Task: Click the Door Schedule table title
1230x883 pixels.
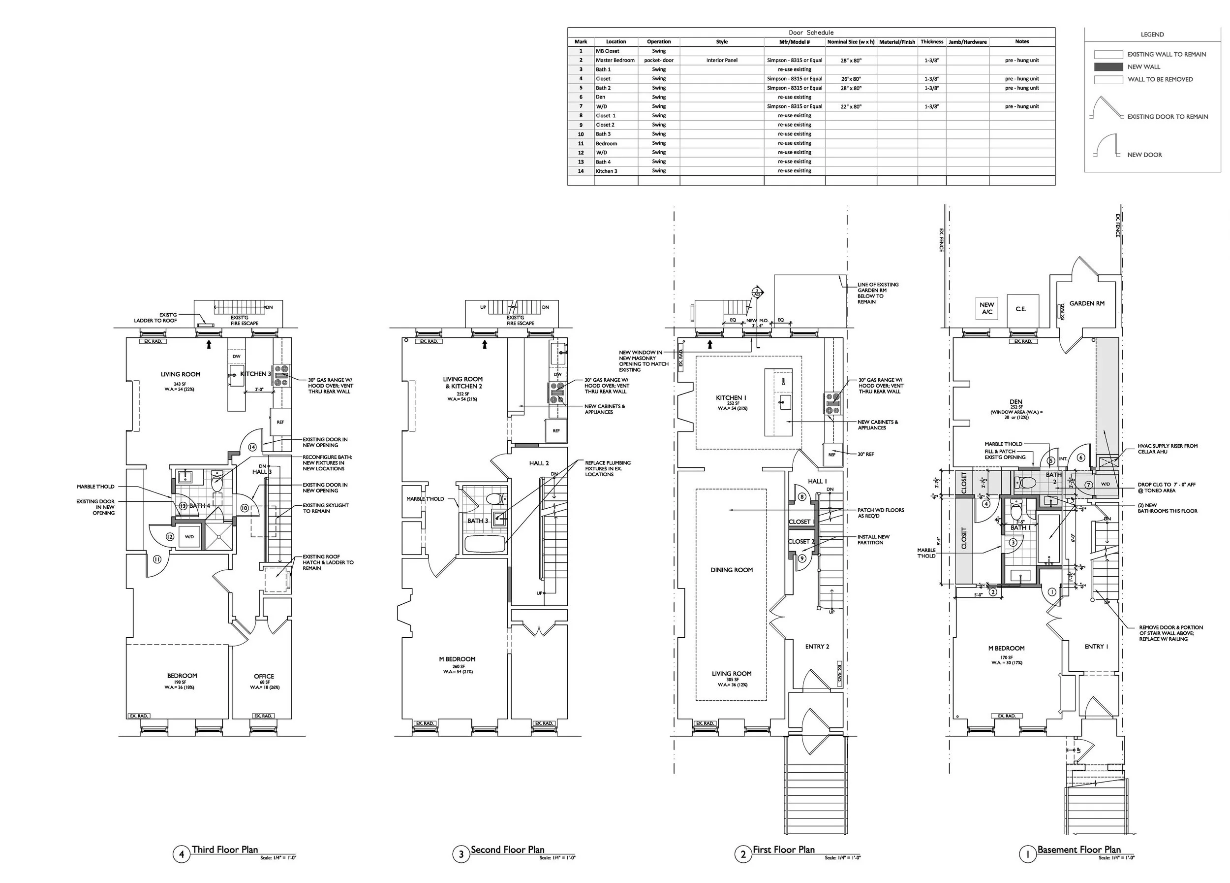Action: coord(811,33)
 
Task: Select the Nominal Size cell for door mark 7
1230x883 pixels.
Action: coord(850,107)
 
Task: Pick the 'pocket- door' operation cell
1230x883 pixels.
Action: coord(658,60)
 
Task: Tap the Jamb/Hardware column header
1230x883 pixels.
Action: coord(967,42)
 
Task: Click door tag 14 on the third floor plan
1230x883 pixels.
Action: coord(252,447)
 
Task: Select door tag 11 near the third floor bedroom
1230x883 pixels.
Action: coord(157,559)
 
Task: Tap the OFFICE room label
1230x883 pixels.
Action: coord(264,676)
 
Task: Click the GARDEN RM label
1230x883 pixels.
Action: coord(1087,303)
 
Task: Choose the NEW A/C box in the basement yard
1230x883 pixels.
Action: coord(987,308)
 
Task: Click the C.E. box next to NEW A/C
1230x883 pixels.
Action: coord(1021,309)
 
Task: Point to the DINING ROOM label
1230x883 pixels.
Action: coord(732,570)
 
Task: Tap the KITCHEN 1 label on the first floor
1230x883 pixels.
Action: coord(731,398)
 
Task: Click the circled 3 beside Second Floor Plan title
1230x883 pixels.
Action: coord(461,855)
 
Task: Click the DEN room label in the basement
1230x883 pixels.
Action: coord(1016,402)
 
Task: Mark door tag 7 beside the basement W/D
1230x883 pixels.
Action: coord(1088,485)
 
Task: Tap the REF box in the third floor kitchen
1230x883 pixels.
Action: coord(280,422)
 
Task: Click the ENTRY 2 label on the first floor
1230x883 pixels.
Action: coord(817,647)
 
